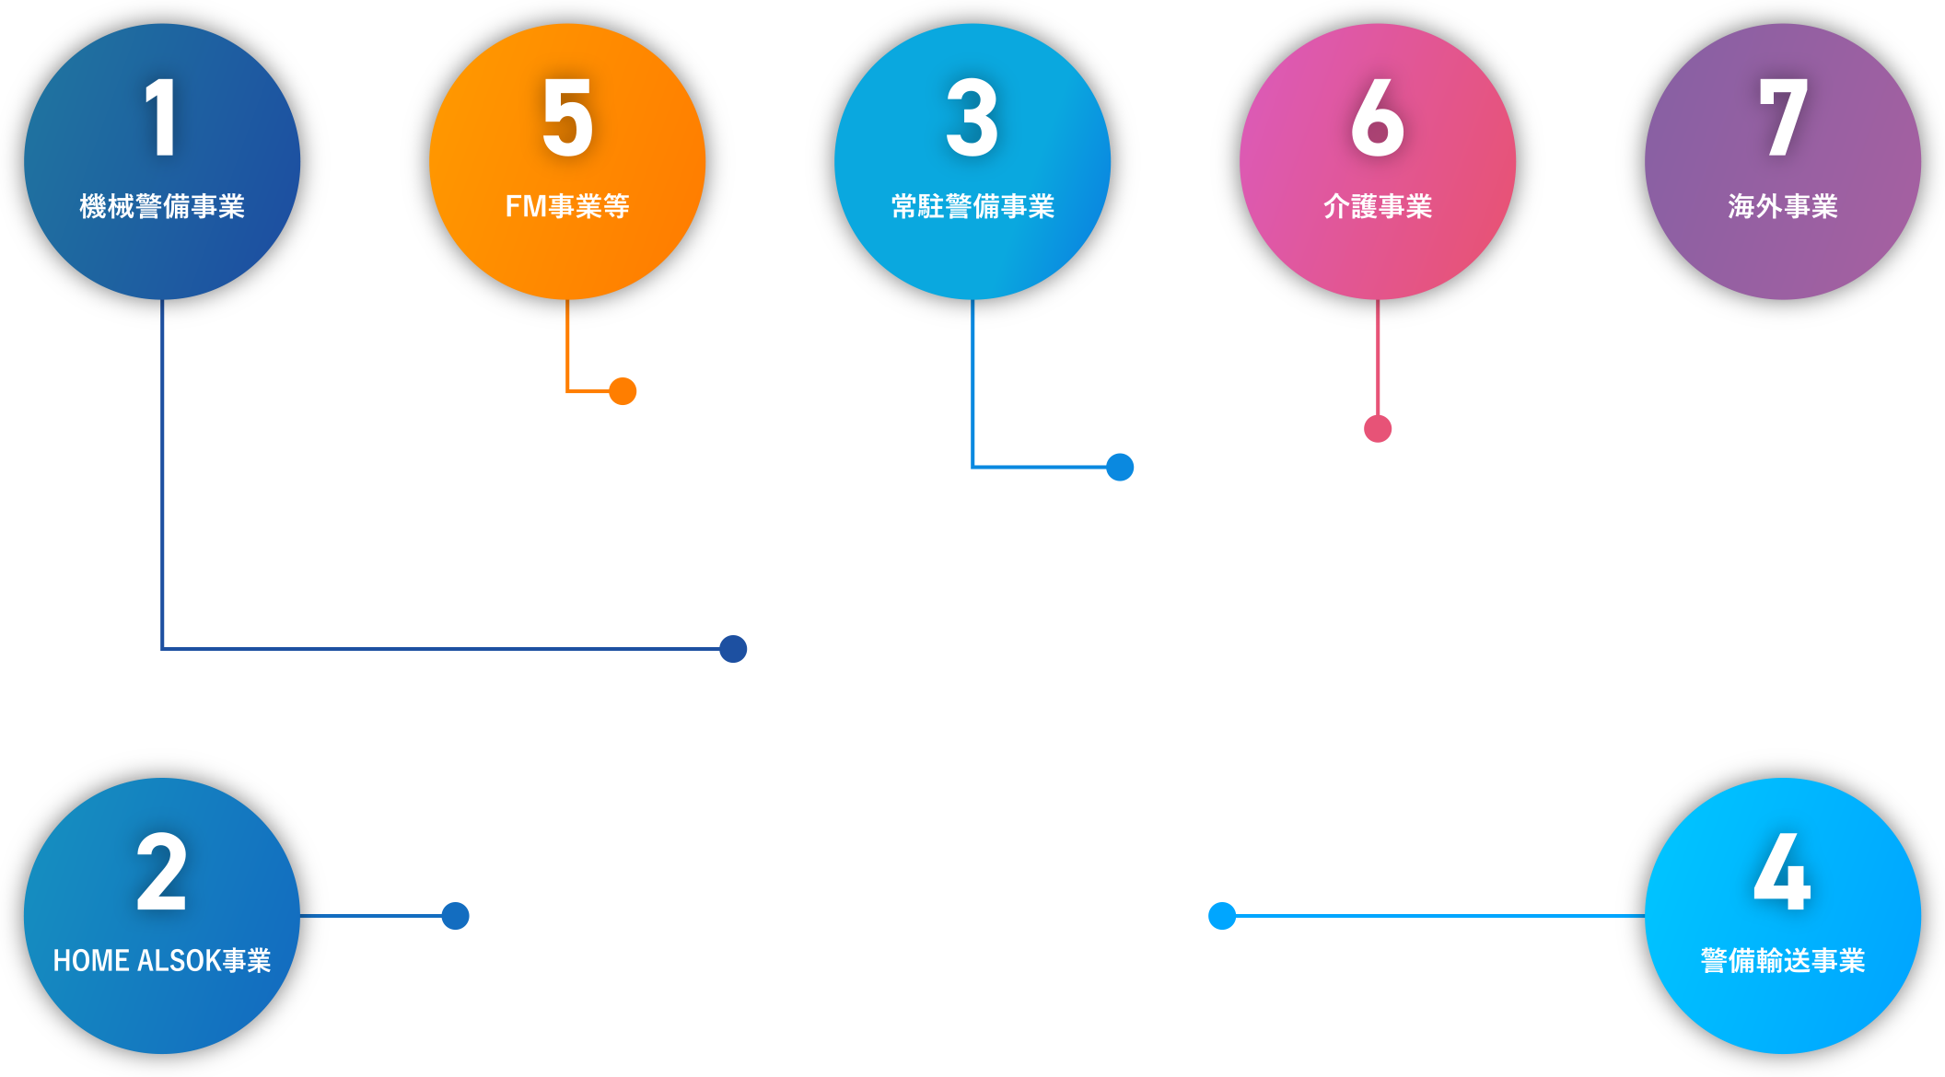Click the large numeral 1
(x=162, y=117)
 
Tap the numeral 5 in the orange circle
(x=567, y=117)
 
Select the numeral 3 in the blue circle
(x=972, y=117)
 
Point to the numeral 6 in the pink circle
(x=1378, y=117)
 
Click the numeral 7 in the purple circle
(x=1784, y=117)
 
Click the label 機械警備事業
(x=162, y=206)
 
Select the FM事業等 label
(x=567, y=206)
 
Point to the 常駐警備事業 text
(x=972, y=206)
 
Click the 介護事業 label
(x=1378, y=206)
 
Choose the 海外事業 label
(x=1783, y=206)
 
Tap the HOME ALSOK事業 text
(x=162, y=960)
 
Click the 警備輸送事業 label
(x=1783, y=960)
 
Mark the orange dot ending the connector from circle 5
(x=623, y=391)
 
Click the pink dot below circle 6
(x=1378, y=429)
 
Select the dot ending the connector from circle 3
(x=1120, y=467)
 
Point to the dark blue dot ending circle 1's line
(x=733, y=649)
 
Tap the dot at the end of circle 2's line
(x=456, y=916)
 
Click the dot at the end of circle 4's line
(x=1222, y=916)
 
